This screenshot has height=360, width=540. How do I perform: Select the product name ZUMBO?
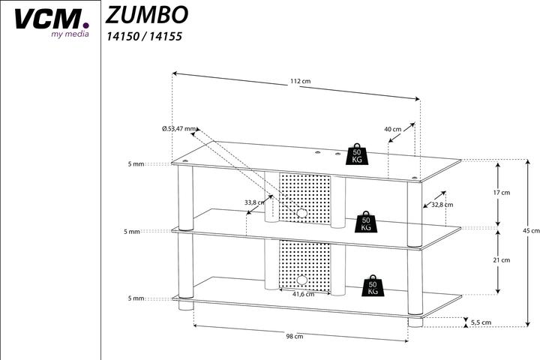click(x=146, y=14)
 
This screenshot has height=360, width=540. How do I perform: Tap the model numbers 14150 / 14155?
click(x=144, y=35)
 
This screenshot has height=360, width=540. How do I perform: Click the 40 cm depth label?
click(x=392, y=129)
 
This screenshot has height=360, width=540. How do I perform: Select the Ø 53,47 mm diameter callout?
click(x=178, y=128)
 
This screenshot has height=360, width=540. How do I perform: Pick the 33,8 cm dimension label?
click(x=255, y=202)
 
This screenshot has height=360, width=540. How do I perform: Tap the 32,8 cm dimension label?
click(x=442, y=204)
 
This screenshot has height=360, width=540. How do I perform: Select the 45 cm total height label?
click(x=530, y=231)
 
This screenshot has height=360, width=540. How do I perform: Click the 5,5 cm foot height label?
click(x=481, y=322)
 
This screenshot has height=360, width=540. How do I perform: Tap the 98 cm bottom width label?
click(x=294, y=337)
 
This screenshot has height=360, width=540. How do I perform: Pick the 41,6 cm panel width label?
click(x=303, y=293)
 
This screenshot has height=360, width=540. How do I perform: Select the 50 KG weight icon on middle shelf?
click(x=366, y=221)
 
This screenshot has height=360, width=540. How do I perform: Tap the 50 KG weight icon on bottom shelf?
click(x=373, y=285)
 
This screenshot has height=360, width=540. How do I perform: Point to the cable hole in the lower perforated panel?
click(x=301, y=280)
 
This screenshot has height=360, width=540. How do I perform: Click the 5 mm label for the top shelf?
click(x=135, y=163)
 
